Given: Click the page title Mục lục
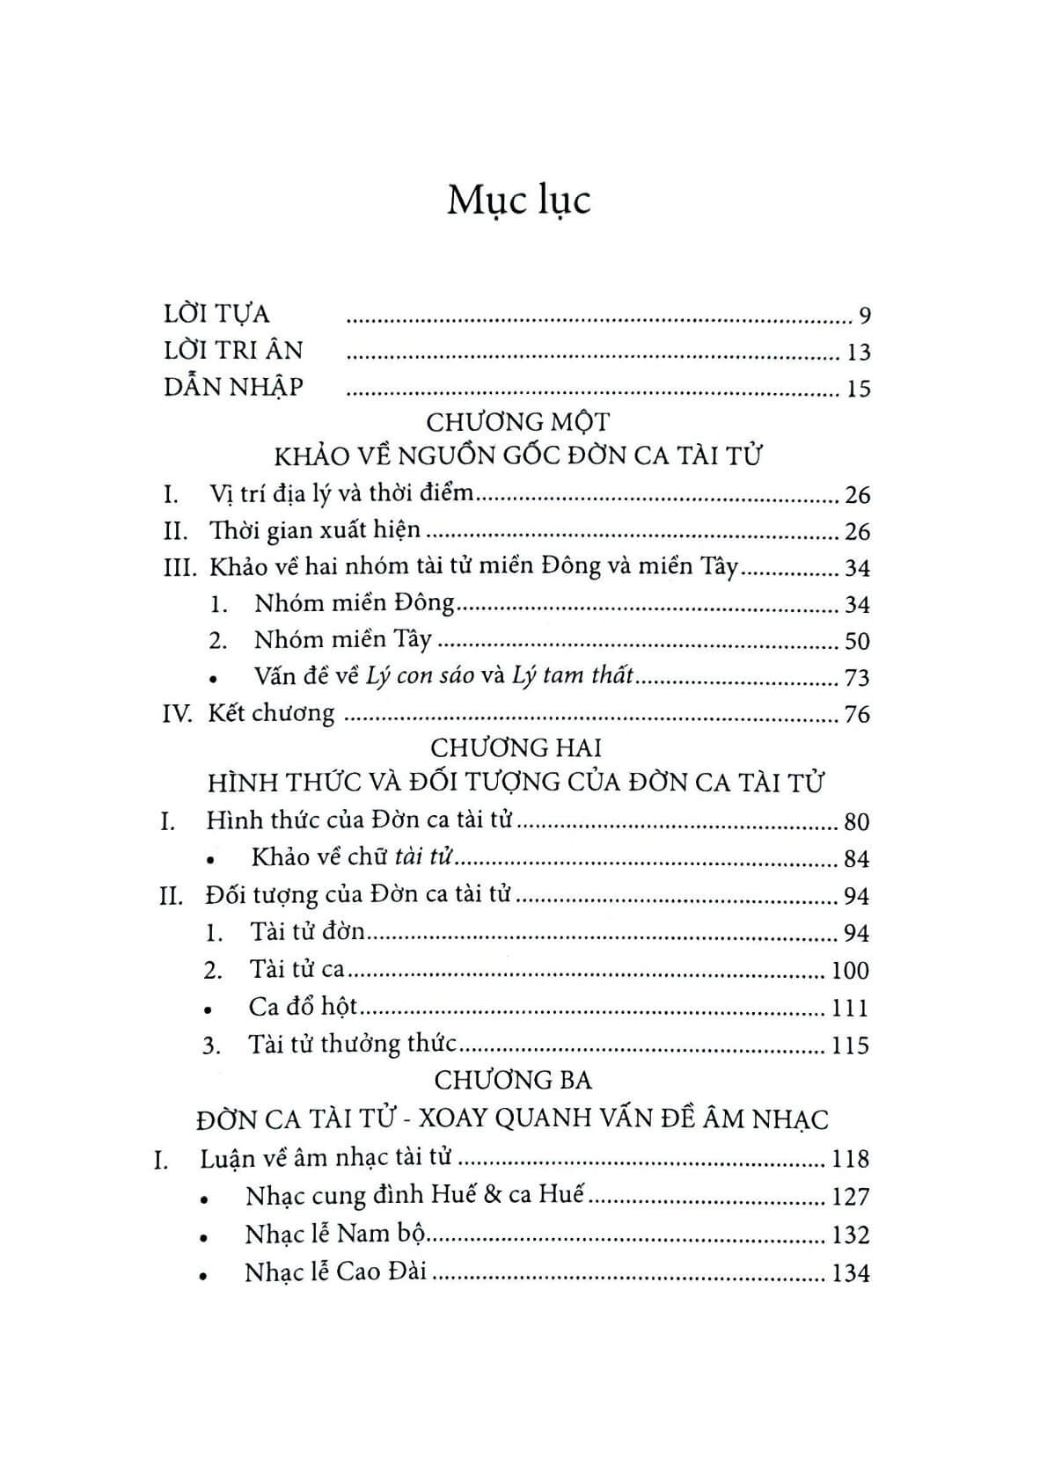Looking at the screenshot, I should click(518, 200).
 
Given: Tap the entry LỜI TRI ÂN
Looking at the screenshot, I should click(233, 351).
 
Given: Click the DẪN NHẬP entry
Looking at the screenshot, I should click(233, 387).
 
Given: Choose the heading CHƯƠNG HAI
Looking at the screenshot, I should click(516, 747).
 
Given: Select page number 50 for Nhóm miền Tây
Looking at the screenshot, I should click(857, 641).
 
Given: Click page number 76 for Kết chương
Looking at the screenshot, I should click(857, 714).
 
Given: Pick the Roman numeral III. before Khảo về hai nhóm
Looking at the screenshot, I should click(180, 567).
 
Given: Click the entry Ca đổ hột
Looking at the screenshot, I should click(303, 1007).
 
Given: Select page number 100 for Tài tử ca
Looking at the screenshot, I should click(850, 971).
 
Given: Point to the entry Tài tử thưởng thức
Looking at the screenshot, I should click(352, 1045).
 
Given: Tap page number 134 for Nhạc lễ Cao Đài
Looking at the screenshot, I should click(850, 1272).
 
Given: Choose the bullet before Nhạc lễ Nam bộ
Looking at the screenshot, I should click(204, 1237).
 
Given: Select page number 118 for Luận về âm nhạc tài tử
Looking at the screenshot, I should click(850, 1159).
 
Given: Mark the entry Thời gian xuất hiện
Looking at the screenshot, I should click(315, 531).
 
